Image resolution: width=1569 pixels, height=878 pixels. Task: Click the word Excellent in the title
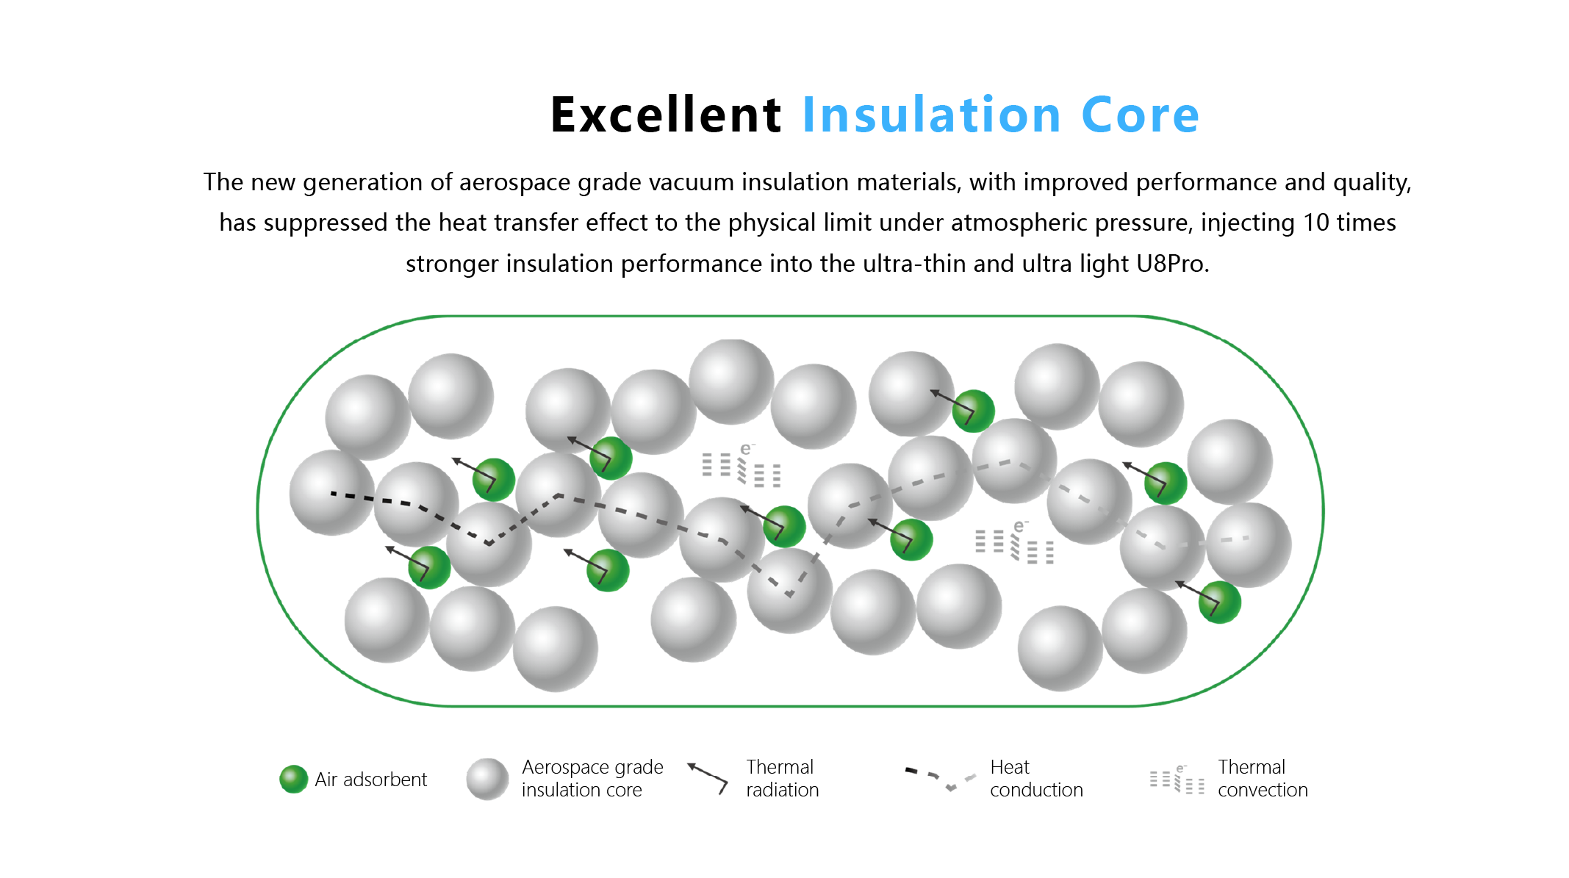point(666,115)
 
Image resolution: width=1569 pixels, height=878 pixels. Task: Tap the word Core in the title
point(1141,115)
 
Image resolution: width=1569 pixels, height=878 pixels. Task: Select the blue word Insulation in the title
point(932,115)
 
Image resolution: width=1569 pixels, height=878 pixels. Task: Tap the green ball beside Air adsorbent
point(293,779)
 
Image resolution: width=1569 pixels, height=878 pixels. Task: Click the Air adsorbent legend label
point(370,779)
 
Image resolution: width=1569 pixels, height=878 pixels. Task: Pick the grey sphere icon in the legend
point(487,779)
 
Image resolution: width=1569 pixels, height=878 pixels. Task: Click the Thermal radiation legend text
point(782,778)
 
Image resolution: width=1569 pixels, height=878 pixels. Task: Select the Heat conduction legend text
point(1036,778)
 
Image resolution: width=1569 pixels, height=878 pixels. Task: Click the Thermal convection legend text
point(1263,778)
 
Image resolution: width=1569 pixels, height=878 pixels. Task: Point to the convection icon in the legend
point(1177,780)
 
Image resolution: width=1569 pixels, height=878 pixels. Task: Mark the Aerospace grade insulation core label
point(592,778)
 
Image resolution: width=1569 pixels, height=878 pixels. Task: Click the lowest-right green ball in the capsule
point(1220,602)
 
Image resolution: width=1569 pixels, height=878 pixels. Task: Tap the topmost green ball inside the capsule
point(974,411)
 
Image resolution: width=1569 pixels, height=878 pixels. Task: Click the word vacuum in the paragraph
point(691,182)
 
